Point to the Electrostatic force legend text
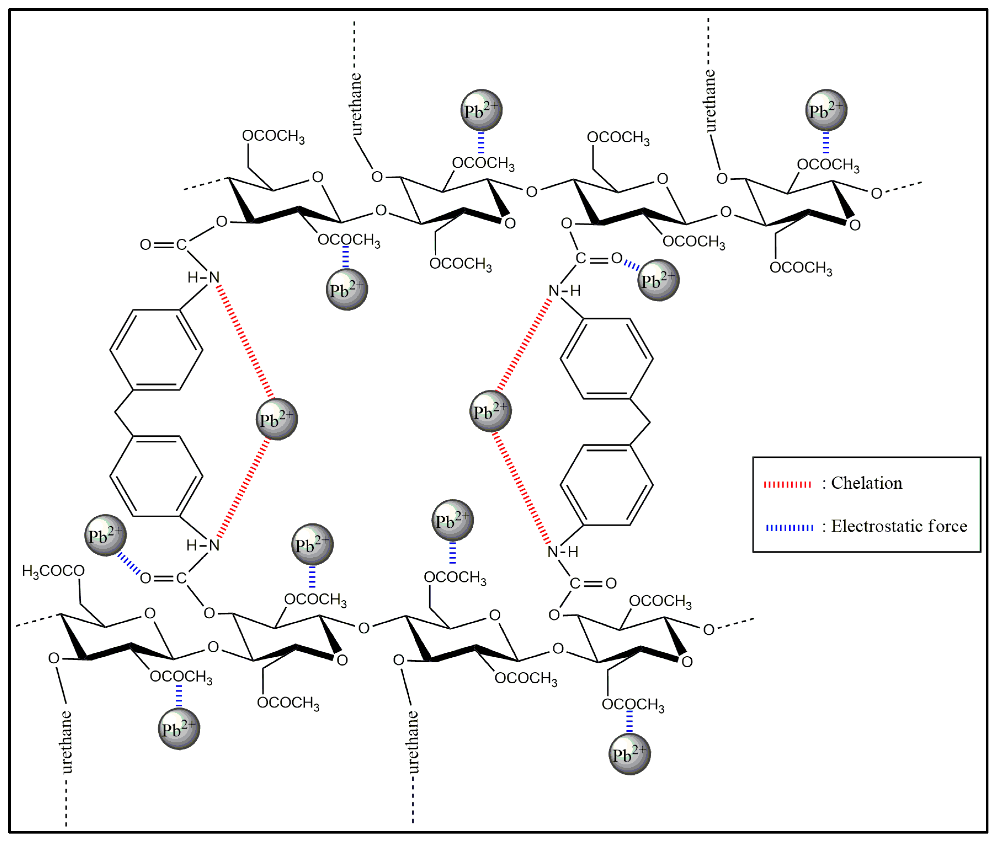click(x=899, y=526)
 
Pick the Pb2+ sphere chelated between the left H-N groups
click(x=276, y=419)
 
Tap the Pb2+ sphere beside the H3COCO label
click(x=105, y=535)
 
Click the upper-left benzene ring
click(x=156, y=350)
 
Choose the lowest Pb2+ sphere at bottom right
click(x=629, y=754)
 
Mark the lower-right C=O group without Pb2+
click(x=593, y=583)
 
